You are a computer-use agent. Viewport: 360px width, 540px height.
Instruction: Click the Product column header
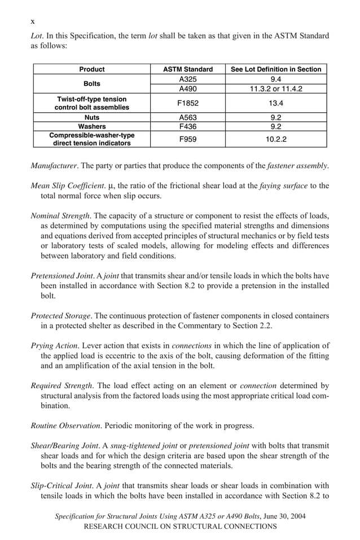pyautogui.click(x=91, y=69)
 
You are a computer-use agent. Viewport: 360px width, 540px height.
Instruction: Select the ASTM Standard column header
pyautogui.click(x=187, y=69)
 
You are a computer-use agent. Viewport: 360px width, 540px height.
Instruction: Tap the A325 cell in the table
pyautogui.click(x=187, y=80)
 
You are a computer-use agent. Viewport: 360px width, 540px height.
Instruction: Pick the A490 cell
pyautogui.click(x=187, y=89)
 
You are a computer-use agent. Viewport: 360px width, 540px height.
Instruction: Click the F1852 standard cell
pyautogui.click(x=187, y=103)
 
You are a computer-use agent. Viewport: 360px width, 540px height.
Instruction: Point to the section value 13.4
pyautogui.click(x=276, y=103)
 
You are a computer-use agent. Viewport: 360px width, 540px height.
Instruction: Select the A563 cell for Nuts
pyautogui.click(x=187, y=117)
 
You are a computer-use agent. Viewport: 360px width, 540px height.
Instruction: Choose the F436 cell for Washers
pyautogui.click(x=187, y=126)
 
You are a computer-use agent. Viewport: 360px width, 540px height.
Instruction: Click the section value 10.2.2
pyautogui.click(x=276, y=139)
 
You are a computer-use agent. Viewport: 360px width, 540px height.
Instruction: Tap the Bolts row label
pyautogui.click(x=91, y=84)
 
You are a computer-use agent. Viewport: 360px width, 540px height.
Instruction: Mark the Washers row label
pyautogui.click(x=91, y=126)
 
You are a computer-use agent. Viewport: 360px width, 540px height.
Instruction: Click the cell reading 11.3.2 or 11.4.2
pyautogui.click(x=276, y=89)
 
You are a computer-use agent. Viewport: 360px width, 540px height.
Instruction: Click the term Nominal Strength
pyautogui.click(x=59, y=216)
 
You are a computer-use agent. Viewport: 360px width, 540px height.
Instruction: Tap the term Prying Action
pyautogui.click(x=54, y=345)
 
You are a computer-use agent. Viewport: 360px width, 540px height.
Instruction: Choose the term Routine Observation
pyautogui.click(x=65, y=425)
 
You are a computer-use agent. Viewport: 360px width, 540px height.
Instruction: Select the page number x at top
pyautogui.click(x=33, y=21)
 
